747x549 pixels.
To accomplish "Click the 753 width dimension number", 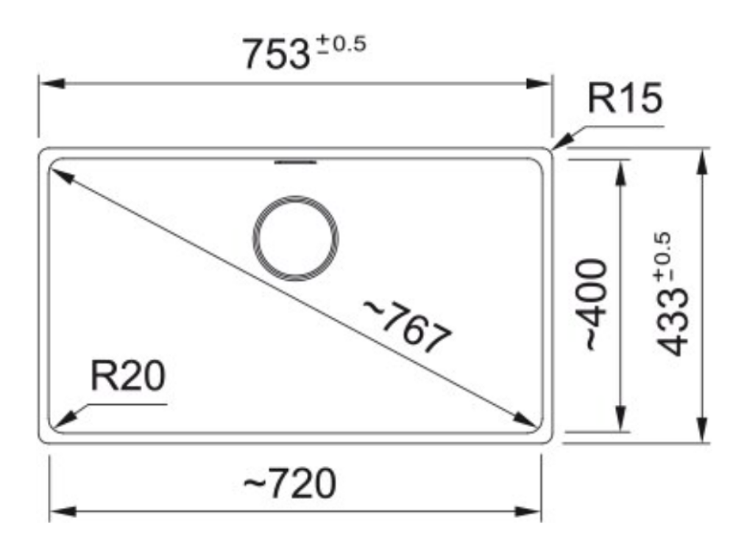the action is pos(276,54).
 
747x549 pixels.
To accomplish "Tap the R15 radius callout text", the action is pos(625,98).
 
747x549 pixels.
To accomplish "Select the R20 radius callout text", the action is pos(127,376).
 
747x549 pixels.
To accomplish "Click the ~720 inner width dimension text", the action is pos(290,484).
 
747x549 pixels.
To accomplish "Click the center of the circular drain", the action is pos(295,238).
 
